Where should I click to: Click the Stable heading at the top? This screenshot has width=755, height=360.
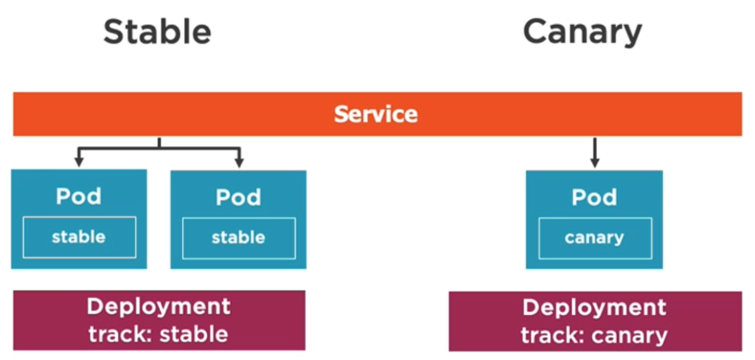[158, 32]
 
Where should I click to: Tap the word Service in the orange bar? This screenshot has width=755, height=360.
[376, 114]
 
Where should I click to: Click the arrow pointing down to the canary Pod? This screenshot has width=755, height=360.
[595, 153]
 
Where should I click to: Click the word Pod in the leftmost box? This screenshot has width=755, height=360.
[79, 196]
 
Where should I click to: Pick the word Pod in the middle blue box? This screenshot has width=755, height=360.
[238, 197]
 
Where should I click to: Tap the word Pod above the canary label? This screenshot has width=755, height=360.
[594, 197]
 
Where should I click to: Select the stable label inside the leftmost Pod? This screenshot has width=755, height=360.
[78, 237]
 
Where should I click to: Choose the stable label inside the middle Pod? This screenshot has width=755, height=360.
[238, 238]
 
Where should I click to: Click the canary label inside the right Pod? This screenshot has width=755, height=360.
[594, 238]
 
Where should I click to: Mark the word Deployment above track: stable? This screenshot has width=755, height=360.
[159, 307]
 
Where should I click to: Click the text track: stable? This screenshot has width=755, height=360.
[159, 334]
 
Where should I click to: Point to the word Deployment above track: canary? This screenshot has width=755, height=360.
[595, 308]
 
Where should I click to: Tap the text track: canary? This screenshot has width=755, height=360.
[595, 335]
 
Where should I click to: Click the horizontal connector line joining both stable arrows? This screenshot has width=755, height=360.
[159, 148]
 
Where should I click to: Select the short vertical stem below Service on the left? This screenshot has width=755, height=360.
[159, 142]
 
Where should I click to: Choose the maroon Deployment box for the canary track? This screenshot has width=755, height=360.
[595, 321]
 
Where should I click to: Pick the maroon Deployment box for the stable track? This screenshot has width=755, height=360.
[159, 320]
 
